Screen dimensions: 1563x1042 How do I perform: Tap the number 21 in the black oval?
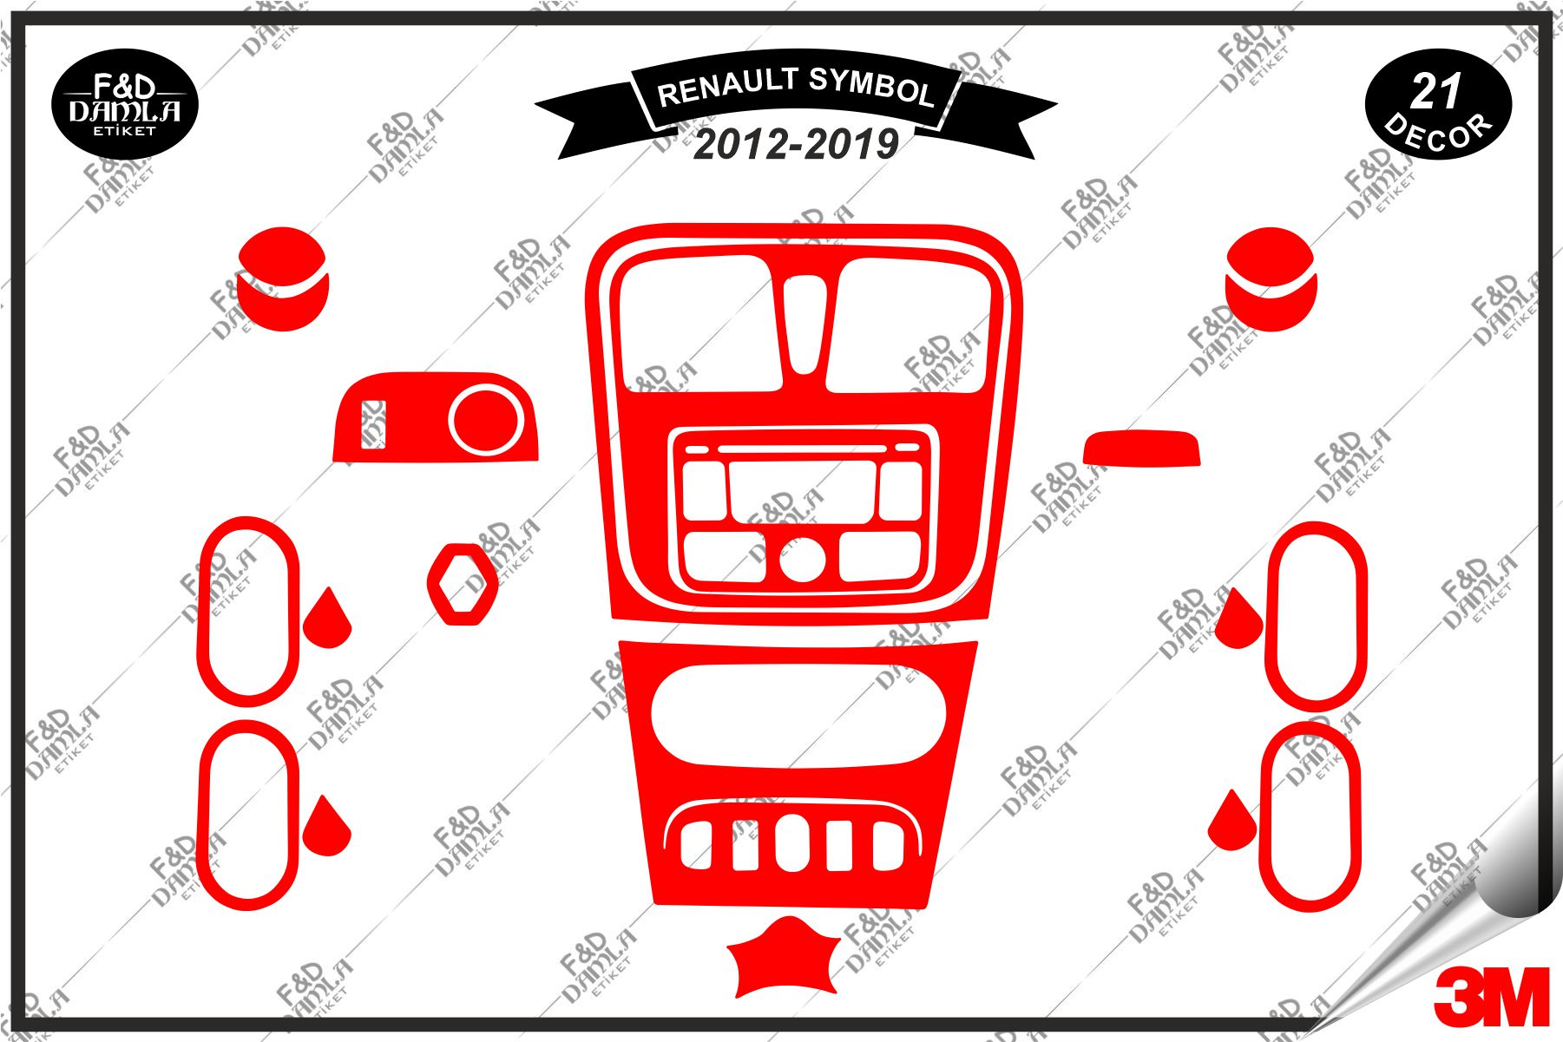coord(1436,91)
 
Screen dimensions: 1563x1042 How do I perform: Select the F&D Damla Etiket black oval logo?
coord(126,105)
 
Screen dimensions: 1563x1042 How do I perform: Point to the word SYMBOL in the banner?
coord(870,87)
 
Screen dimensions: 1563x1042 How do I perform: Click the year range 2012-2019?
coord(795,144)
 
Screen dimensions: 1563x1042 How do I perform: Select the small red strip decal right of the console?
coord(1141,448)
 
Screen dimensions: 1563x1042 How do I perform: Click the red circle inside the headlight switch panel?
coord(486,422)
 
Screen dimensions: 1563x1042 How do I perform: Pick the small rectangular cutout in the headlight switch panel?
coord(373,424)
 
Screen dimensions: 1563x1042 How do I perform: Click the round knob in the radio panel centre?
coord(802,560)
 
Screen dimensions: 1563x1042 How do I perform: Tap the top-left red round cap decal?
coord(283,279)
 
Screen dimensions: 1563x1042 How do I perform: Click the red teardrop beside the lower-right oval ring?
coord(1231,822)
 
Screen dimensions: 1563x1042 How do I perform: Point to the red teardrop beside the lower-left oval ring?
coord(327,828)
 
